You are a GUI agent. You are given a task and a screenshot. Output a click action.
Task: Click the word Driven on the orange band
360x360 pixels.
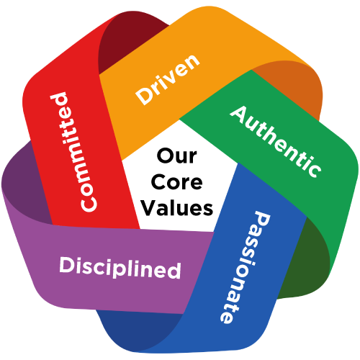pos(168,79)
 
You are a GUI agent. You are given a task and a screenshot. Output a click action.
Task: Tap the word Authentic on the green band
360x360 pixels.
pos(276,142)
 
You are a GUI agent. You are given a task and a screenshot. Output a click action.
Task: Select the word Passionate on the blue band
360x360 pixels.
pos(246,268)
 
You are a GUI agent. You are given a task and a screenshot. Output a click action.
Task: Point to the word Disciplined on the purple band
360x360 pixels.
pos(120,268)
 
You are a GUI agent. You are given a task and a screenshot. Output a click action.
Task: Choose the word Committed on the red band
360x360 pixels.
pos(73,152)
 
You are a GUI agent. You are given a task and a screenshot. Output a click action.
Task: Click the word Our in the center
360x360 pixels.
pos(177,156)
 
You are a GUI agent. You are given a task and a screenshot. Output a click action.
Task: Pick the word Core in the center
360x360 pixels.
pos(177,182)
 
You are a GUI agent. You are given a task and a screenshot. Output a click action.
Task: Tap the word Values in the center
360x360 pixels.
pos(177,208)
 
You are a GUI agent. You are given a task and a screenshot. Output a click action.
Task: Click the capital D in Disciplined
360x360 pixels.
pos(68,264)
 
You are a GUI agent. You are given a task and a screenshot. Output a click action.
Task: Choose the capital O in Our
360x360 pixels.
pos(165,156)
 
